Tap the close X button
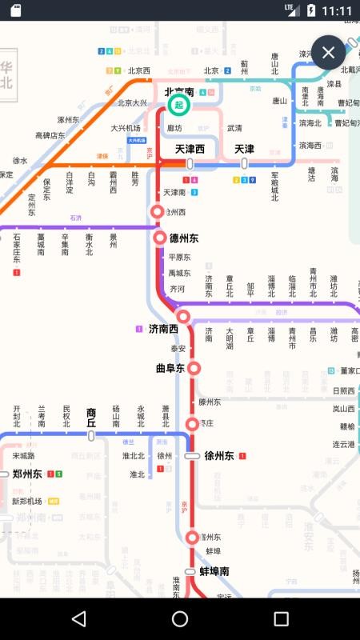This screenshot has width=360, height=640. tap(328, 53)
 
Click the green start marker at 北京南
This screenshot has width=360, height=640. tap(178, 105)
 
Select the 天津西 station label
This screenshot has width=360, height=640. tap(190, 150)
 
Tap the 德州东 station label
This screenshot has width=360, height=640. tap(184, 238)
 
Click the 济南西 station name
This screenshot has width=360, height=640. tap(163, 328)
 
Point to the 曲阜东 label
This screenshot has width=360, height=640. tap(170, 369)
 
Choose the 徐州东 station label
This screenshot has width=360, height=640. tap(218, 456)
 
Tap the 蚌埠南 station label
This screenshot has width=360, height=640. tap(214, 572)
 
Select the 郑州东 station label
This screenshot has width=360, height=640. tap(27, 474)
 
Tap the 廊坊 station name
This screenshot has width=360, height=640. tap(174, 128)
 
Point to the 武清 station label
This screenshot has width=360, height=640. tap(234, 128)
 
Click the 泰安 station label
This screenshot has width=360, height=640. tap(178, 349)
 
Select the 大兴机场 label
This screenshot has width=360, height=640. tap(126, 128)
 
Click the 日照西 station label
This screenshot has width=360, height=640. tap(343, 390)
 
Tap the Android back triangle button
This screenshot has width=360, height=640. tap(78, 618)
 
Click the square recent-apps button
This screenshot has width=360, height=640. tap(281, 618)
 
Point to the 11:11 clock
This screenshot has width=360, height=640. tap(337, 10)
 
